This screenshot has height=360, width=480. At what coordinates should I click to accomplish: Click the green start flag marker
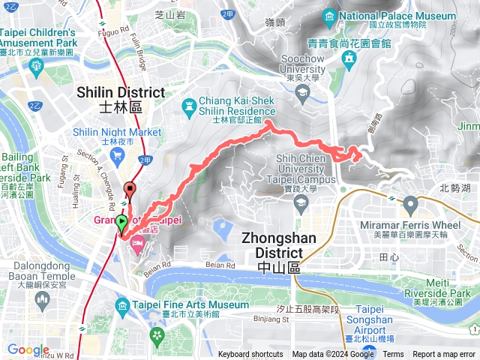point(121,222)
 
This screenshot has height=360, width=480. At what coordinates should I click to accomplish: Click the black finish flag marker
point(131,189)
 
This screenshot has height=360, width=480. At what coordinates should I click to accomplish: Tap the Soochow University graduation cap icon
point(303,93)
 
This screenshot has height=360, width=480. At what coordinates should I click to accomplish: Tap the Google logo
point(28,349)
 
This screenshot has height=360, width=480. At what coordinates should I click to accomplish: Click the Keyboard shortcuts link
point(250,355)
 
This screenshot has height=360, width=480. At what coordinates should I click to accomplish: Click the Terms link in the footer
point(394,355)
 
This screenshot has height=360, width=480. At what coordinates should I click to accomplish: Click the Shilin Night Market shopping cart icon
point(117,155)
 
